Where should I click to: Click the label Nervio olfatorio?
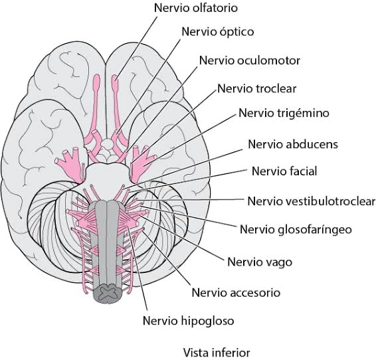[196, 8]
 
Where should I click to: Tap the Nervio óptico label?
[218, 32]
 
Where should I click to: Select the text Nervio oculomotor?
[250, 60]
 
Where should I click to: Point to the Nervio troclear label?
[257, 89]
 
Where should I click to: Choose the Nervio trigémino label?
[284, 113]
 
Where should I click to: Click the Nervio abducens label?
[293, 144]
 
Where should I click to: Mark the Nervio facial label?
[284, 171]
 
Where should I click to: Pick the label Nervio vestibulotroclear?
[312, 201]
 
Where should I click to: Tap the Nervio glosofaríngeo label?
[296, 230]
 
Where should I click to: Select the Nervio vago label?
[260, 262]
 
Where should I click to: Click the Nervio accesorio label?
[236, 293]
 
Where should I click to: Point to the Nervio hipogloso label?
[188, 321]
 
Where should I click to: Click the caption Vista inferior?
[217, 353]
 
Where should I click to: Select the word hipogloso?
[207, 321]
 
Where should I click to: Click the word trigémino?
[304, 113]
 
